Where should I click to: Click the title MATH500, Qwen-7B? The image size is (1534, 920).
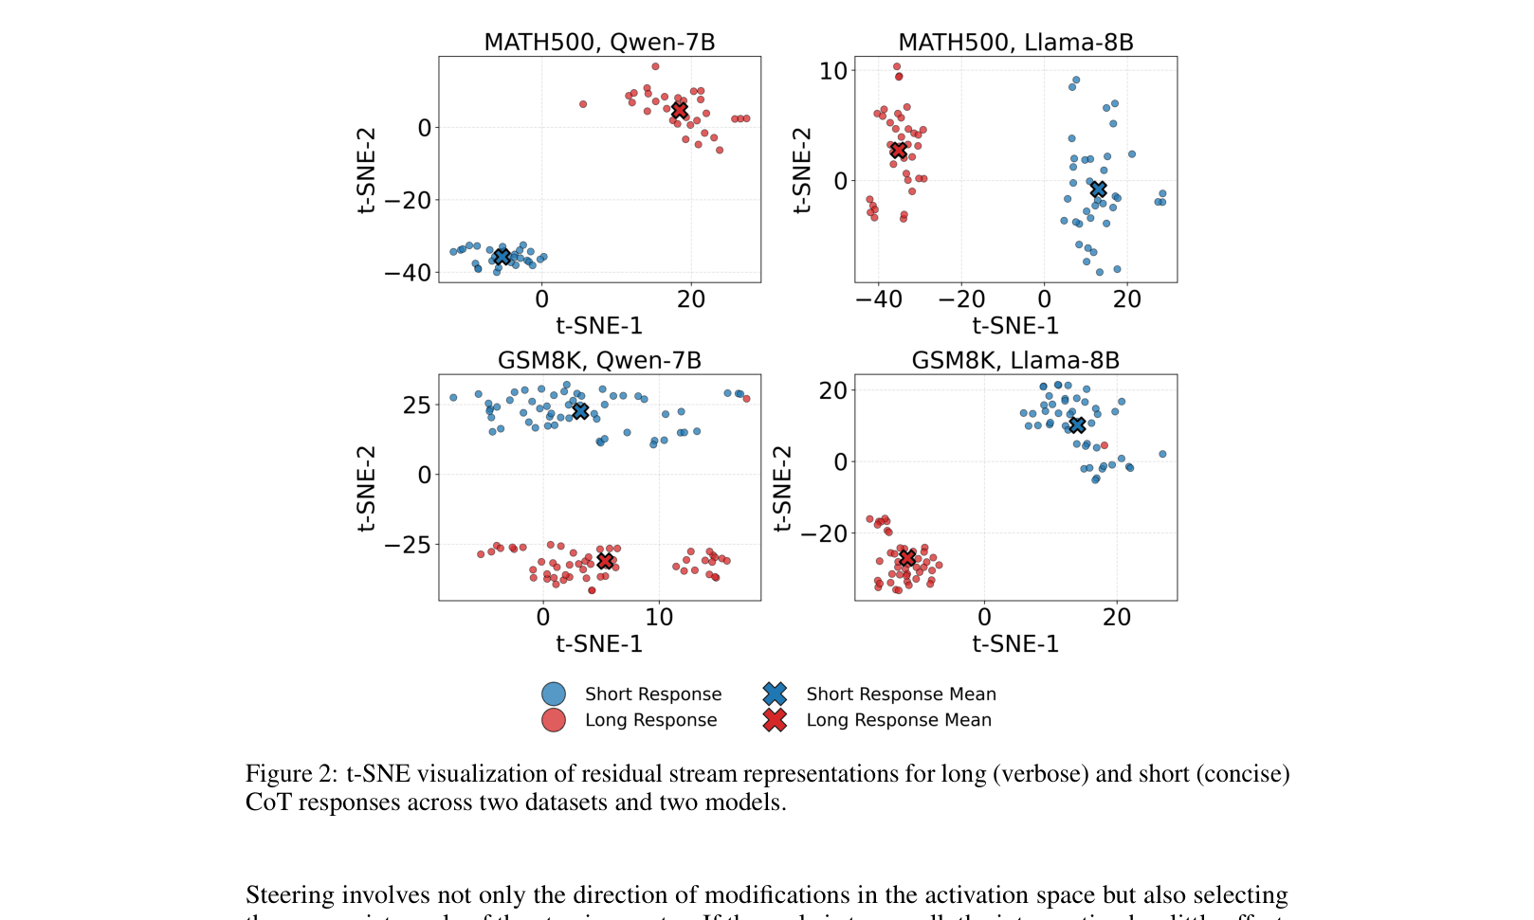599,43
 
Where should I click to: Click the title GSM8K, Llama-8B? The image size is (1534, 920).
1015,361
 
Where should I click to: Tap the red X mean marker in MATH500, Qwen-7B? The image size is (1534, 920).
679,111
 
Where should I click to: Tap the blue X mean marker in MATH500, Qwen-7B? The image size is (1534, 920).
502,257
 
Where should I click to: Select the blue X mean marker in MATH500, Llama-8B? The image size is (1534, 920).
1098,190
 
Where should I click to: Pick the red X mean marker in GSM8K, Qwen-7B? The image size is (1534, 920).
605,561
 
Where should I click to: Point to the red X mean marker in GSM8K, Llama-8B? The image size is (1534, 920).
907,557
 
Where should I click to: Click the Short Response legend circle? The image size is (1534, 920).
554,695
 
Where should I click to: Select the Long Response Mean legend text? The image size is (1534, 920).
898,720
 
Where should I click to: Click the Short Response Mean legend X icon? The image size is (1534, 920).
775,695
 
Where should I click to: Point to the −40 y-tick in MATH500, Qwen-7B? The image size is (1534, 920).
407,273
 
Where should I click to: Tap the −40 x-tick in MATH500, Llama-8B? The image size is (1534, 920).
878,299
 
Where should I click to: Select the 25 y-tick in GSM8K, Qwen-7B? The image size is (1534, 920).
416,406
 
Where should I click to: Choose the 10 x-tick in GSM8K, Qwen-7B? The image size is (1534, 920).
659,618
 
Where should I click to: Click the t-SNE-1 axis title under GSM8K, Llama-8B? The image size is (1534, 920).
1015,644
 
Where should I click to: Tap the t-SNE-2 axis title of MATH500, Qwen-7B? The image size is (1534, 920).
367,171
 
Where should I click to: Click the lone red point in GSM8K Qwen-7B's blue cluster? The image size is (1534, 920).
746,399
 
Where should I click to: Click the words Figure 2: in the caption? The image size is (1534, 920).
291,774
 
